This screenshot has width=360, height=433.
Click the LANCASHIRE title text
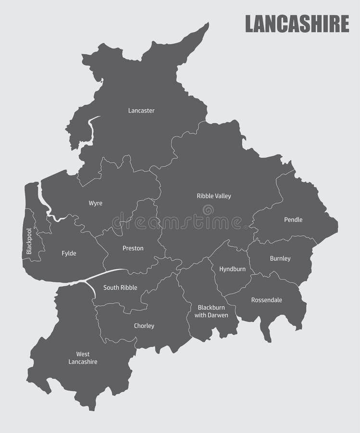click(297, 24)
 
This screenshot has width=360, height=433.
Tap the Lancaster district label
click(141, 111)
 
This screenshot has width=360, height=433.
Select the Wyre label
click(95, 204)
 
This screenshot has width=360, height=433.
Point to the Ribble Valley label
click(214, 196)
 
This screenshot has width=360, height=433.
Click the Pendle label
click(293, 220)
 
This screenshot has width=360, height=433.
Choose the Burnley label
click(280, 259)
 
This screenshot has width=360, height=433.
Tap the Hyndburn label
click(232, 269)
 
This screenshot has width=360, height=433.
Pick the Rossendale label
click(266, 300)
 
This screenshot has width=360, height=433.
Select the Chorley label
click(144, 326)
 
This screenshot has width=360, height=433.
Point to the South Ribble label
click(120, 288)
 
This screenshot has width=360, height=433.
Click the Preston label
click(133, 248)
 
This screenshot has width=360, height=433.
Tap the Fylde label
click(69, 254)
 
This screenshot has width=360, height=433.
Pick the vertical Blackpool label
click(29, 241)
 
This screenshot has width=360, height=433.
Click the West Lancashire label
click(83, 358)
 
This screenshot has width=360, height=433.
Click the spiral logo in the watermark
click(208, 210)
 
